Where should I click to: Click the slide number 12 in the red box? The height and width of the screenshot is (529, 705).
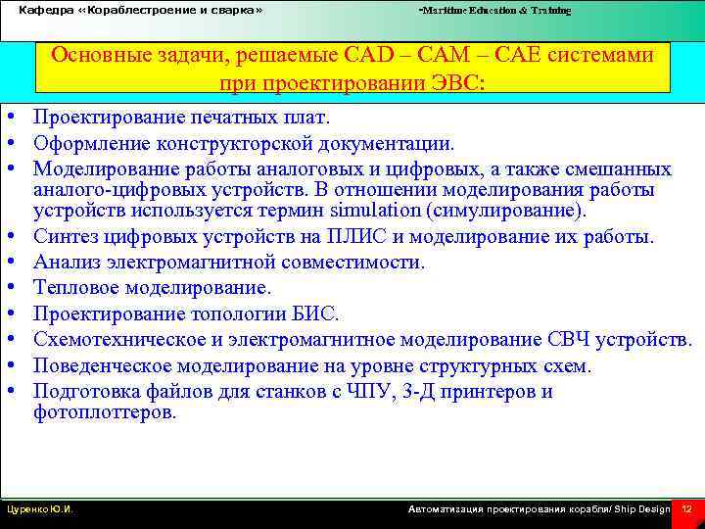[686, 509]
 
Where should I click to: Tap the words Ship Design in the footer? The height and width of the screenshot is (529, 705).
[641, 509]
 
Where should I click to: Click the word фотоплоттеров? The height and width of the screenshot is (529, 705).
[105, 412]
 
